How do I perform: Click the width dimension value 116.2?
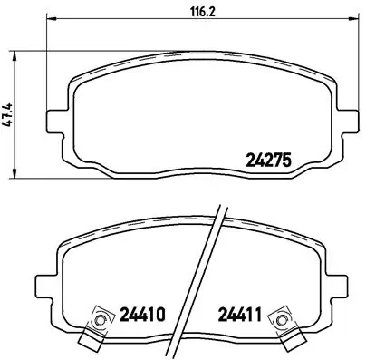click(x=190, y=13)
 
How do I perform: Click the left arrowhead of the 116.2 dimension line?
click(x=49, y=22)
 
